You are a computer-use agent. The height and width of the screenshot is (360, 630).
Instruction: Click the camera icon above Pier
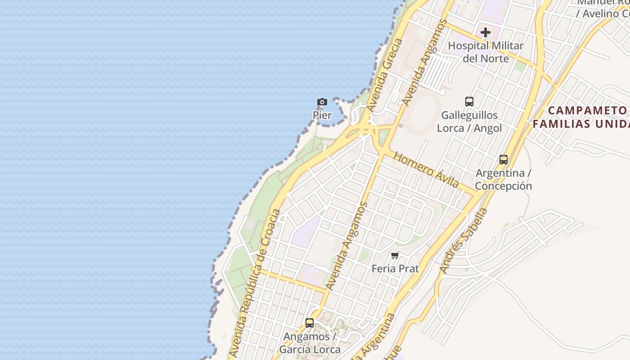pos(322,102)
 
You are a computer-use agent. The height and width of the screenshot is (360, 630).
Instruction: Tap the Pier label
pos(322,115)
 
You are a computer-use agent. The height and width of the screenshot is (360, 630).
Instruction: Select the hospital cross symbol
pos(485,32)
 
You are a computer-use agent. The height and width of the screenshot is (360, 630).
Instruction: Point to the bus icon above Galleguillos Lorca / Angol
pos(469,102)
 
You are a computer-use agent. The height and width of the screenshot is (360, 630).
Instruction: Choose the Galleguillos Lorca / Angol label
pos(469,121)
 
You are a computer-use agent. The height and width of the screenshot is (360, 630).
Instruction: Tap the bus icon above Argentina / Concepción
pos(503,160)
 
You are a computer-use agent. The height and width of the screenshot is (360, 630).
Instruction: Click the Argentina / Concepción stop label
pos(503,180)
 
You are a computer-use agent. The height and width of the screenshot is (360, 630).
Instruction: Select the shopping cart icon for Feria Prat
pos(395,256)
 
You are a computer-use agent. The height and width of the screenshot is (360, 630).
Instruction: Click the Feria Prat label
pos(395,269)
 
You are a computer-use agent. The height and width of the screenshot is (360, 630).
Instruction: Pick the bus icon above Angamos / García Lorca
pos(310,323)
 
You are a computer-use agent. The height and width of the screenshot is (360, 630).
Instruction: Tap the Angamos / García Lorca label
pos(310,343)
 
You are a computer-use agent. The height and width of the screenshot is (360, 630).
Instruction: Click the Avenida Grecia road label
pos(385,75)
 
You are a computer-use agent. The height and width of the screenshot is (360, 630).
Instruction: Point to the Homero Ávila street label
pos(426,170)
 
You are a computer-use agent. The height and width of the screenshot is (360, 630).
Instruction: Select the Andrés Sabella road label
pos(463,240)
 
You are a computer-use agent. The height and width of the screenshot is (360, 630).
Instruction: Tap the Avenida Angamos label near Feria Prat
pos(347,246)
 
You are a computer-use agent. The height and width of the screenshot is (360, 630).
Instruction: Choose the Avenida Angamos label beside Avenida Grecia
pos(425,63)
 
